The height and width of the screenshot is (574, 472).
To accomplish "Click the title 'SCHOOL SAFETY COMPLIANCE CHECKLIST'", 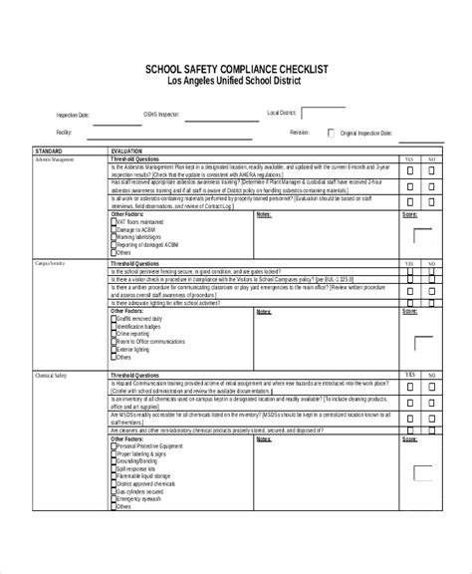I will [237, 69].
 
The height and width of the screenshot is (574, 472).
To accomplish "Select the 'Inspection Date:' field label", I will [73, 116].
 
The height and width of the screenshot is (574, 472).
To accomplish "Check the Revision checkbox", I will [331, 132].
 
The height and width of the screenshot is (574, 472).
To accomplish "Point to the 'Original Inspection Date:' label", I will [365, 132].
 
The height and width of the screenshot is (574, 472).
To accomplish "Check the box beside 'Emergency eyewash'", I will [113, 498].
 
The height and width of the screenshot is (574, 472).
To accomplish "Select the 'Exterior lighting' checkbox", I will [113, 351].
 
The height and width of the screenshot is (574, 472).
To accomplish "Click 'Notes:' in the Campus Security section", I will [264, 311].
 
